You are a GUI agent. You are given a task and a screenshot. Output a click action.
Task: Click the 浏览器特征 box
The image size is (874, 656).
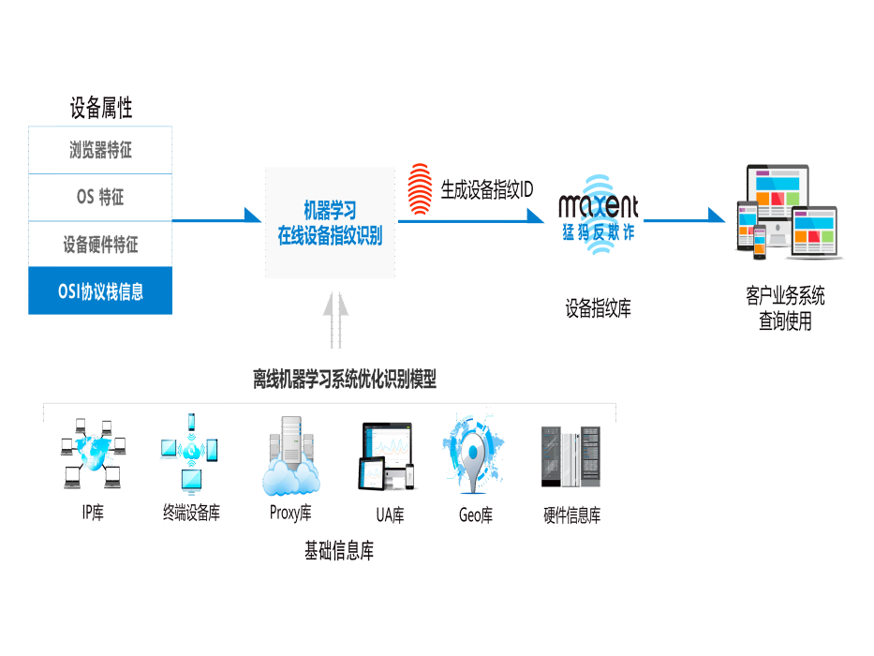tap(100, 150)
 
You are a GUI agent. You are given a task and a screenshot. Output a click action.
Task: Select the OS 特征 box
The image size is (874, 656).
tap(100, 198)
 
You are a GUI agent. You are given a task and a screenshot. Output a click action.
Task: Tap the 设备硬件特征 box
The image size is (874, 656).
tap(100, 245)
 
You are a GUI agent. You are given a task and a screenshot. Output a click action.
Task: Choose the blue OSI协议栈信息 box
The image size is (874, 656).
tap(100, 291)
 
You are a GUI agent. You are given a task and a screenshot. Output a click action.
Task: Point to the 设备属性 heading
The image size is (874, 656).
tap(101, 108)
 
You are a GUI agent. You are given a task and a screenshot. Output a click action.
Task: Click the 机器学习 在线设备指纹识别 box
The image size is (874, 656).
tap(330, 223)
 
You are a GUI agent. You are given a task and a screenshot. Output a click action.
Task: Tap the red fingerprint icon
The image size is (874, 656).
tap(420, 189)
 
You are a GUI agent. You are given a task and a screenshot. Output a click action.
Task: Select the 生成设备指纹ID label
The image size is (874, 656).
tap(486, 189)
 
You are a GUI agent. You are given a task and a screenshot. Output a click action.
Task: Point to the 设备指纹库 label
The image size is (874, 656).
tap(598, 308)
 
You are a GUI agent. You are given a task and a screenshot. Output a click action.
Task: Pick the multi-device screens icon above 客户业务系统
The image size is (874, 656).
tap(787, 212)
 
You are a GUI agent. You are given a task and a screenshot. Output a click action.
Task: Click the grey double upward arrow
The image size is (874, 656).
tap(335, 320)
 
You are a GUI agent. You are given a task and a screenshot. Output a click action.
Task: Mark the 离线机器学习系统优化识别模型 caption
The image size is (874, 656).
tap(345, 380)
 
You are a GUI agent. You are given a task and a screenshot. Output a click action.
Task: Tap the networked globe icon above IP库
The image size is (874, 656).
tap(93, 454)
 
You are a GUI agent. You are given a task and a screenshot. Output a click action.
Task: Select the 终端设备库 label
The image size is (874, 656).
tap(191, 513)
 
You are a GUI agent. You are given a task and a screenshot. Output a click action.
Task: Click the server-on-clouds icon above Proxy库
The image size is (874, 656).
tap(291, 455)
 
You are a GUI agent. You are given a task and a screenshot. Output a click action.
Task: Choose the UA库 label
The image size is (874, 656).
tap(390, 514)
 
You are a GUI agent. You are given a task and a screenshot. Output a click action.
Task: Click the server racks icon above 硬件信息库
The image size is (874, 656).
tap(570, 456)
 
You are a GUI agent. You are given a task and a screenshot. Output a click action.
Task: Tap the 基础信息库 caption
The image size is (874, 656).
tap(339, 551)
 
